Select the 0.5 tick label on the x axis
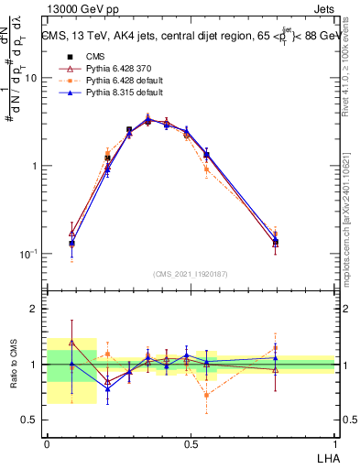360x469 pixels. [x=191, y=443]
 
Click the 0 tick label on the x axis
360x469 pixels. [x=48, y=443]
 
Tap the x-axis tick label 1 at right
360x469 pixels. [x=335, y=443]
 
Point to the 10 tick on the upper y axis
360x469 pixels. [x=31, y=78]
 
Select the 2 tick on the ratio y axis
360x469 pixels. [x=36, y=309]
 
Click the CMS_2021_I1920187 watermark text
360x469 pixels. [x=191, y=274]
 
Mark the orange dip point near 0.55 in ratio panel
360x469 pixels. [x=207, y=396]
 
